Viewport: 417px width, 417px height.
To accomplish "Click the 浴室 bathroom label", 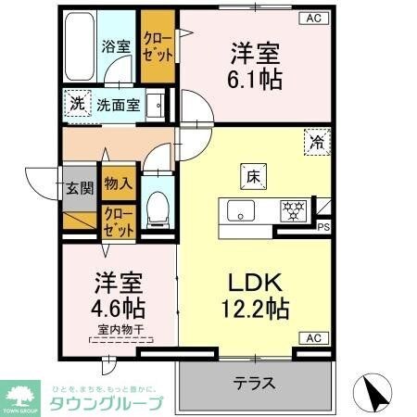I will click(114, 44).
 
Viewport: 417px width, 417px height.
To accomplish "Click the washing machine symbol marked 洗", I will click(77, 103).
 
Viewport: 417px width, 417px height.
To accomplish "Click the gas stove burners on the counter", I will click(294, 209).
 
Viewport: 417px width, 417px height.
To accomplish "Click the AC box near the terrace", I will click(312, 338).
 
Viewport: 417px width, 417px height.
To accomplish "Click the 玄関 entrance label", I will click(80, 189).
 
